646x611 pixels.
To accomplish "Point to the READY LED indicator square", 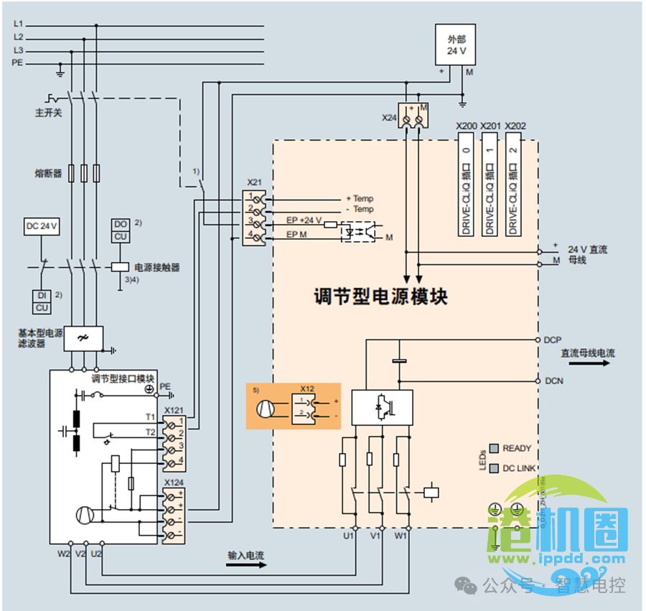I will [494, 448].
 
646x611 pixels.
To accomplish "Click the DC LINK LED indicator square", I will [494, 467].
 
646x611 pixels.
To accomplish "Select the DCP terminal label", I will [553, 340].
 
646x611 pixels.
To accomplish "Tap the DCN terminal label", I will [553, 381].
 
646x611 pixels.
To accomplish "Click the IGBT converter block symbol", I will [381, 407].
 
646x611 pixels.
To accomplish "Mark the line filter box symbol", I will [83, 338].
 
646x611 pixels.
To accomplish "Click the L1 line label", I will [19, 24].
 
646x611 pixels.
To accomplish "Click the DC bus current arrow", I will [596, 363].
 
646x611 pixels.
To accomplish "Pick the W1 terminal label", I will [401, 536].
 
